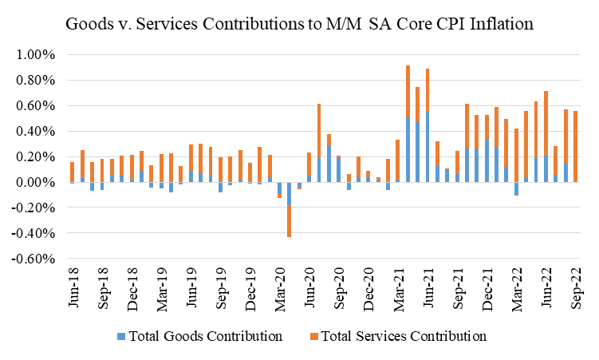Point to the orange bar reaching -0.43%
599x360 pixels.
pyautogui.click(x=289, y=221)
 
